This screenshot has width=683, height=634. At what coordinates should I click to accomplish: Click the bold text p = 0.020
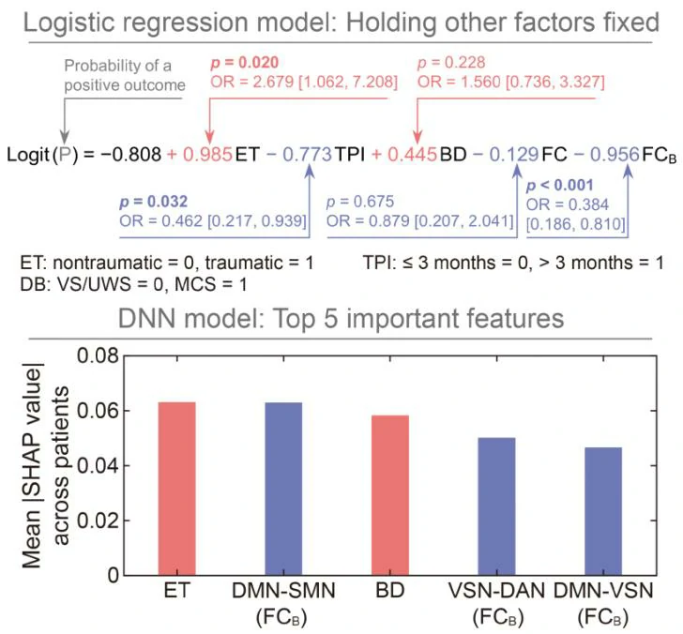click(x=245, y=62)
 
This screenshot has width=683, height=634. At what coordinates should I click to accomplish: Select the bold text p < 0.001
click(x=567, y=185)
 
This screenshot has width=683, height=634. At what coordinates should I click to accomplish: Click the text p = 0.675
click(x=360, y=202)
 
